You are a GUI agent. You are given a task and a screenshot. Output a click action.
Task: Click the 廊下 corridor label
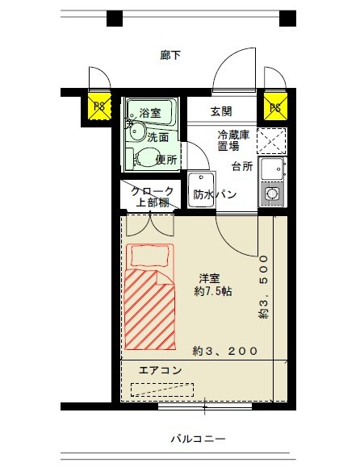[170, 56]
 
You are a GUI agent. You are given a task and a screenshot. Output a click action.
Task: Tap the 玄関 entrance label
[222, 111]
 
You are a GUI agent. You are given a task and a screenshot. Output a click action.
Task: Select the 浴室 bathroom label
[150, 112]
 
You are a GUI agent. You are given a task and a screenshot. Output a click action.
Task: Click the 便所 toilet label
[166, 159]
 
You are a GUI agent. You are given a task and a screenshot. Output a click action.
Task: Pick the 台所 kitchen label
[242, 166]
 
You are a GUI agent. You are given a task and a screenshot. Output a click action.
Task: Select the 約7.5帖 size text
[213, 290]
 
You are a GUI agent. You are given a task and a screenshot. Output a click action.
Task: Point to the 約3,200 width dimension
[225, 351]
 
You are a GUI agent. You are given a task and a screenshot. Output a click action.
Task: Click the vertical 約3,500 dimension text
[263, 288]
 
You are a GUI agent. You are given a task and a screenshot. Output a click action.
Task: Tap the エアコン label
[161, 370]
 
